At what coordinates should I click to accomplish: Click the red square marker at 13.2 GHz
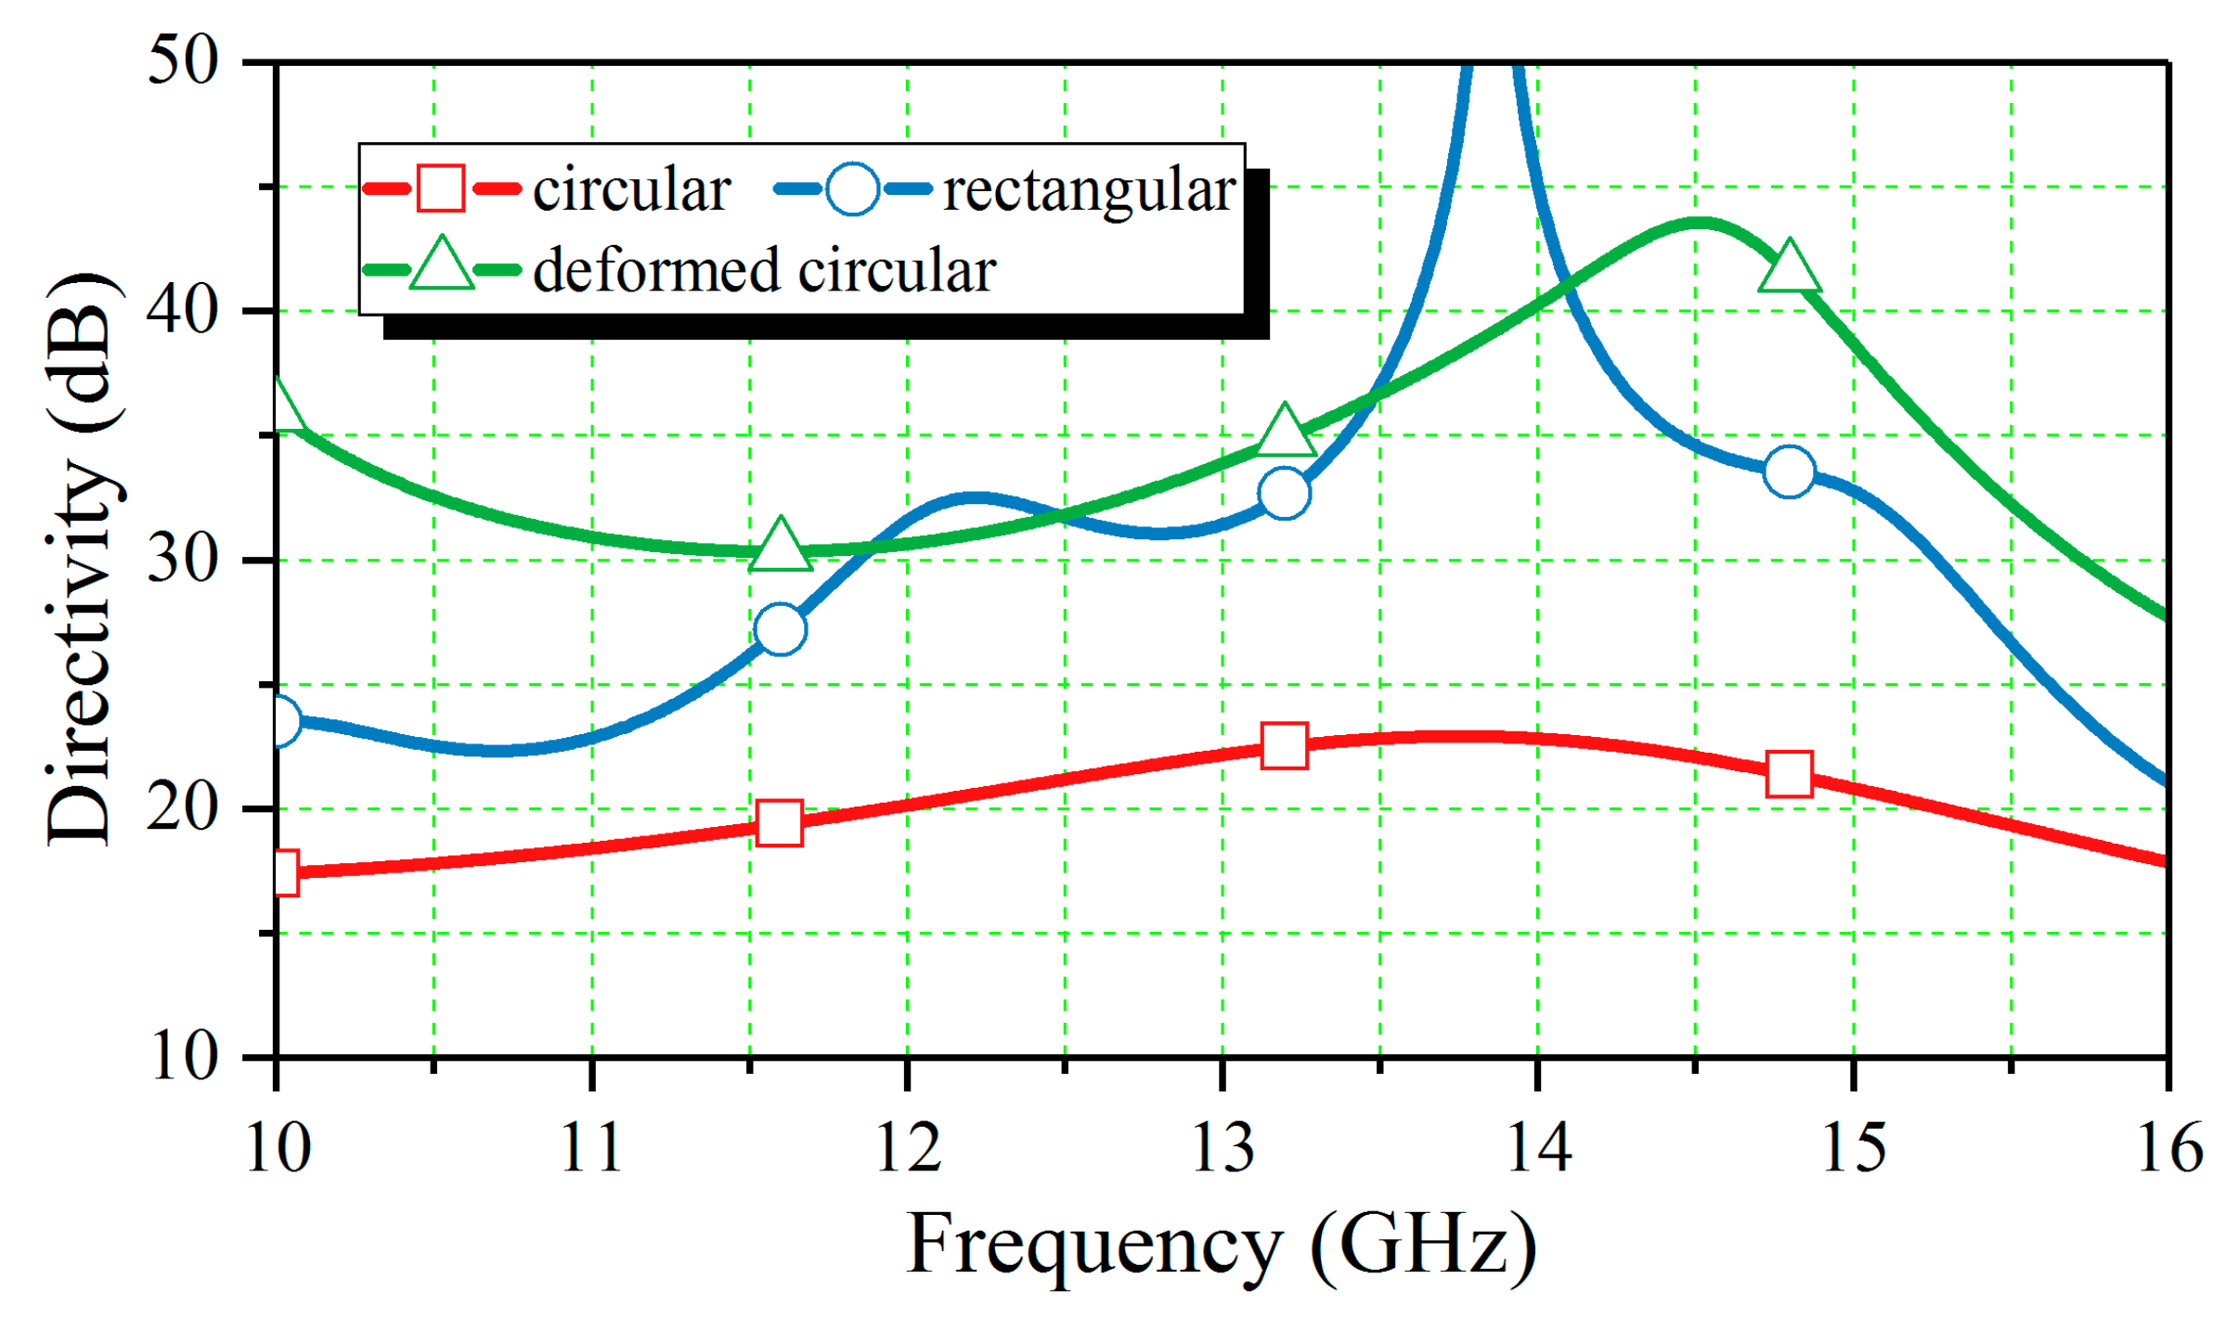point(1284,745)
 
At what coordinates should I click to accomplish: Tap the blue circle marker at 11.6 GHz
point(780,629)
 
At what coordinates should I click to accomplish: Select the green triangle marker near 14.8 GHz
point(1789,267)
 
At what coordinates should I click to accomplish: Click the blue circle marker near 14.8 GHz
point(1789,472)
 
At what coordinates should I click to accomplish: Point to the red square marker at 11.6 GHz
point(780,822)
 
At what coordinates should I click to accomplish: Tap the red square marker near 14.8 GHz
point(1789,774)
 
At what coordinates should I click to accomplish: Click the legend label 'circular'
point(631,190)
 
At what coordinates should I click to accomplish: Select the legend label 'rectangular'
point(1089,190)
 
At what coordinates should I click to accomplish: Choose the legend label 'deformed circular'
point(764,271)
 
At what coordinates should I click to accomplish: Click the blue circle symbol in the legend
point(852,189)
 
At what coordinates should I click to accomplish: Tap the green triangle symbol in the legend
point(442,267)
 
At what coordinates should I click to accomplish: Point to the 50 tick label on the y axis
point(183,63)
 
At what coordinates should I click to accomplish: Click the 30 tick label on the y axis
point(183,560)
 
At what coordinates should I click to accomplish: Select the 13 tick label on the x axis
point(1222,1148)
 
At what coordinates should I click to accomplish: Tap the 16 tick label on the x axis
point(2169,1148)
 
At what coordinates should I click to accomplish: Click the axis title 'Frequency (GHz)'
point(1221,1246)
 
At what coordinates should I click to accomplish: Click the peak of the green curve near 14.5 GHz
point(1697,222)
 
